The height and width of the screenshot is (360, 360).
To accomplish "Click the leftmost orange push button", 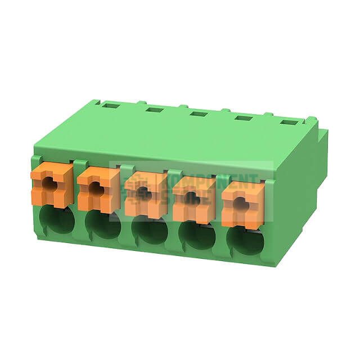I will tap(52, 184).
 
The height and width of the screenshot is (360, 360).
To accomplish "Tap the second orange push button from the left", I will tap(98, 189).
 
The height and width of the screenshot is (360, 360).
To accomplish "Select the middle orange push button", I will tap(146, 195).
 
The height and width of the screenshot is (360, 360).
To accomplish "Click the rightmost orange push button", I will tap(243, 206).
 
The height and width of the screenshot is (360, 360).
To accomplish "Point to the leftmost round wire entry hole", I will tap(57, 220).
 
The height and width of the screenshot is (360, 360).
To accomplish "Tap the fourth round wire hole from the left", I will tap(197, 236).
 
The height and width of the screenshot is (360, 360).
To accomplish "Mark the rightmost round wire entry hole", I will tap(245, 241).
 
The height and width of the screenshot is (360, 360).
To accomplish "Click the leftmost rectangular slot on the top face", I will tap(111, 105).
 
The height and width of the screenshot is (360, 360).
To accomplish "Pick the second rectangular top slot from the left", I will tap(154, 109).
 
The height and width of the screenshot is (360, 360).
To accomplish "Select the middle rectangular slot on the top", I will tap(199, 114).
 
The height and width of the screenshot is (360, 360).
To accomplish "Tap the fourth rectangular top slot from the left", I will tap(243, 118).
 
